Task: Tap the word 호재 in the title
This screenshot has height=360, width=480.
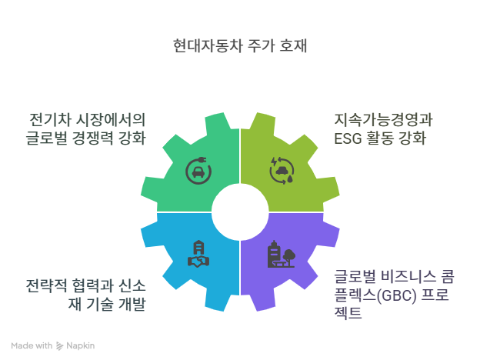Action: tap(293, 46)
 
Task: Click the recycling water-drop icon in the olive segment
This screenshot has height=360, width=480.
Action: tap(281, 170)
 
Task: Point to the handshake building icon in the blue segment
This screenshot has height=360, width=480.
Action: tap(198, 255)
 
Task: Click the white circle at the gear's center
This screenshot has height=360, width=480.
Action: tap(239, 212)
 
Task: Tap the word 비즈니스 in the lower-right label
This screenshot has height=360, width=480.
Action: tap(407, 276)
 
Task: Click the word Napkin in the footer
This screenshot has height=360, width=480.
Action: tap(81, 345)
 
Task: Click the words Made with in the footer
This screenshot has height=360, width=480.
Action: tap(32, 345)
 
